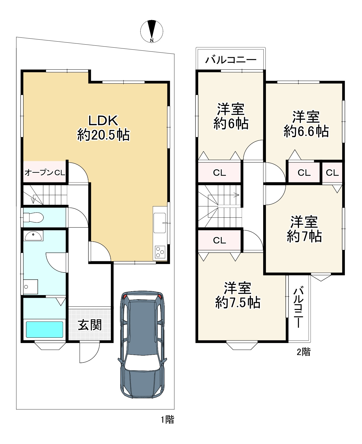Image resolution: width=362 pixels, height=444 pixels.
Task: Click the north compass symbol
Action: [152, 31]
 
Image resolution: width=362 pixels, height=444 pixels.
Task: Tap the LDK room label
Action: [103, 121]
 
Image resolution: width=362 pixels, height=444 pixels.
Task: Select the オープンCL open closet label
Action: [45, 173]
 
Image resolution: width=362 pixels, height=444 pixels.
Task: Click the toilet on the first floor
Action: [33, 217]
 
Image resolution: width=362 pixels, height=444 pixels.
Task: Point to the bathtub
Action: [44, 329]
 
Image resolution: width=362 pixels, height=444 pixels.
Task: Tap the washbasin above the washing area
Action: [33, 236]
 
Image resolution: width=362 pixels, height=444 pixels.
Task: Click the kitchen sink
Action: [160, 223]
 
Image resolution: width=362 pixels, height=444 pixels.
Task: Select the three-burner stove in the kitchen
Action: [160, 252]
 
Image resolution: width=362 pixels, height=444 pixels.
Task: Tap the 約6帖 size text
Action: [231, 124]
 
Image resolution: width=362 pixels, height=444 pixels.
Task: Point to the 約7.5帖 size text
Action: [238, 303]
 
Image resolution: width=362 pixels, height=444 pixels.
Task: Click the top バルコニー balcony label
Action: [231, 60]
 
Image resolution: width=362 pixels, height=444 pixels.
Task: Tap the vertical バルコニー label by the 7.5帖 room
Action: [298, 308]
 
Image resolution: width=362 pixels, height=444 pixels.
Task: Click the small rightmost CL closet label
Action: [332, 173]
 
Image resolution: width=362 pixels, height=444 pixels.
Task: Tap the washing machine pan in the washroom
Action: [31, 287]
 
